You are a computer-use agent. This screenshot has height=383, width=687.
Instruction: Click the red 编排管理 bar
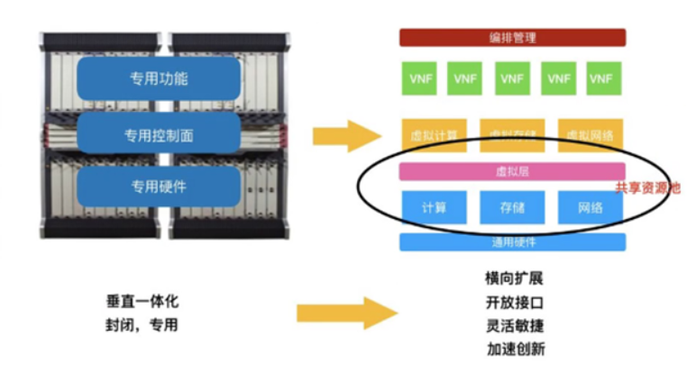[512, 37]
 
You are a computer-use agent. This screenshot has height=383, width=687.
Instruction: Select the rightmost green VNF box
[600, 78]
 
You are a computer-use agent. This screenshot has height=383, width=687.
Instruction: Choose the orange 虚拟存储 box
[512, 135]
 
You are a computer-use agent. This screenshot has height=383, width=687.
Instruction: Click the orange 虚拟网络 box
[591, 135]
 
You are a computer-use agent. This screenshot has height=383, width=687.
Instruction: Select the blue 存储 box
[512, 207]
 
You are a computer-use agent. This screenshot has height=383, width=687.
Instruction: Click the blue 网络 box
[591, 207]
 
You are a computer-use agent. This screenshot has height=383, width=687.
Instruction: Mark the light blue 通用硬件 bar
[512, 242]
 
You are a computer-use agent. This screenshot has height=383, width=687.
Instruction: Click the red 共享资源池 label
[647, 188]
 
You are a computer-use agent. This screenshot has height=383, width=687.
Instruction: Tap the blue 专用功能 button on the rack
[159, 78]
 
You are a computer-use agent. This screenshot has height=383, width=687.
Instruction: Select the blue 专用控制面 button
[159, 135]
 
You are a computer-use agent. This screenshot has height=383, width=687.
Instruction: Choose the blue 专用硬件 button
[159, 187]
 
